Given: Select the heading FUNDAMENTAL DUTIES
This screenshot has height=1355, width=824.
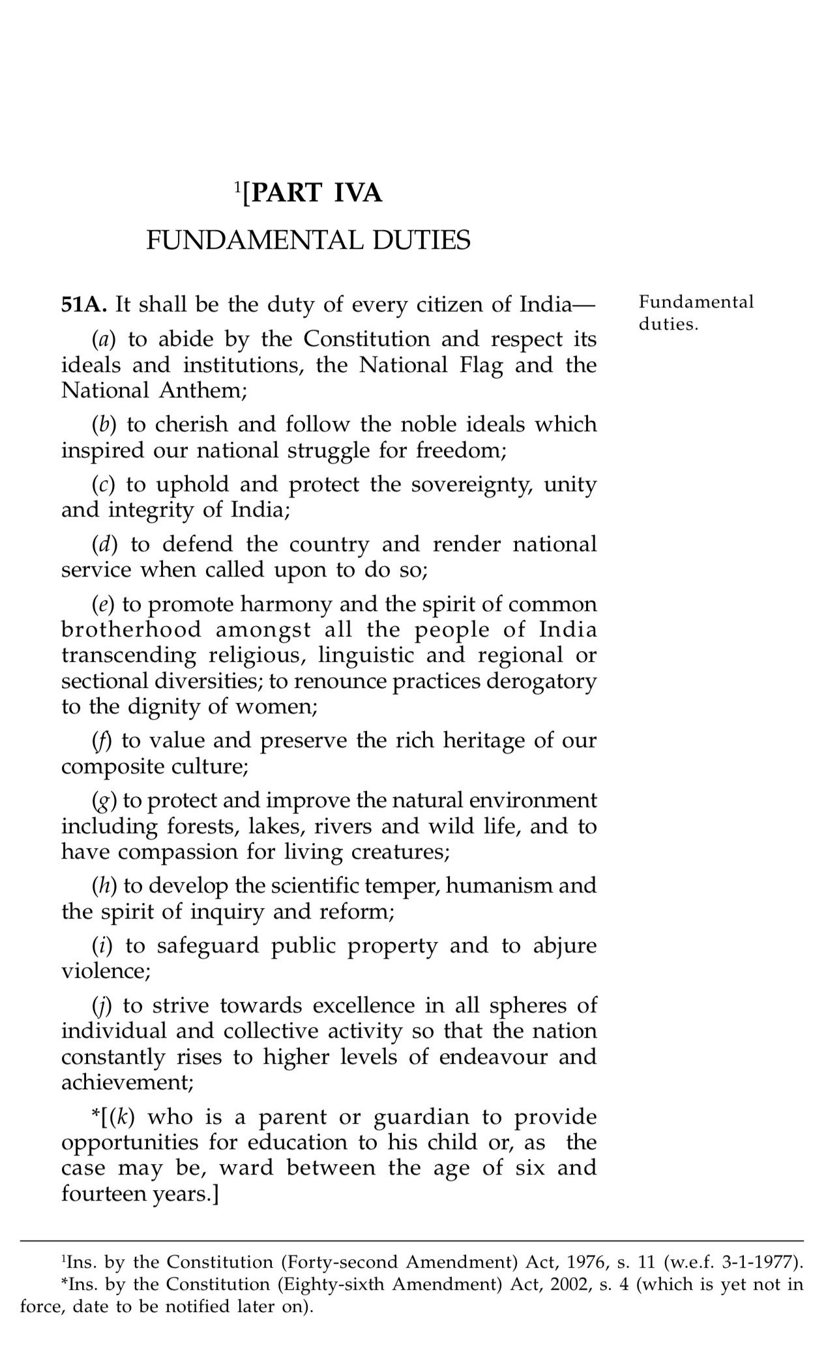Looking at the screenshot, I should (x=308, y=240).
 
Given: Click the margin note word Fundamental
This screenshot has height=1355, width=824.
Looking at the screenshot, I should (x=696, y=302).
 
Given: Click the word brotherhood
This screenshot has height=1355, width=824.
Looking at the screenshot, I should (x=131, y=630).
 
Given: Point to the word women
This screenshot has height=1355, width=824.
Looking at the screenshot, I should (x=278, y=707).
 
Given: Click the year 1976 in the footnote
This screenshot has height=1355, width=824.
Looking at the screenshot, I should (x=579, y=1262).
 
